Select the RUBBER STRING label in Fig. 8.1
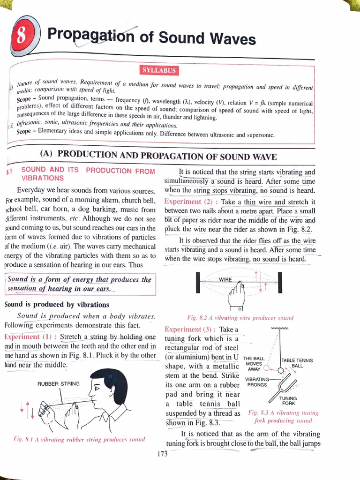point(59,383)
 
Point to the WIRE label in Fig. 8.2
point(226,280)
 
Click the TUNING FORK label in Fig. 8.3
point(288,401)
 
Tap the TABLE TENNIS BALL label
point(297,362)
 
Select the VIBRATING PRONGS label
point(257,382)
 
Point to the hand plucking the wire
point(237,295)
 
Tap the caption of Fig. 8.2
point(240,318)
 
